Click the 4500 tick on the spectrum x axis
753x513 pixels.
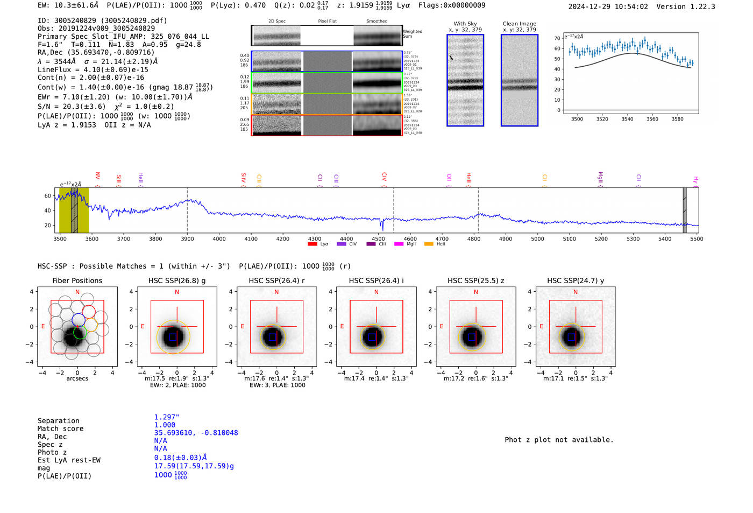click(378, 238)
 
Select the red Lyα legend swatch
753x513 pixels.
click(312, 244)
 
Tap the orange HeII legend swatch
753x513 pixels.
click(429, 244)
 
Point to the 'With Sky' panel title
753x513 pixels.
click(465, 24)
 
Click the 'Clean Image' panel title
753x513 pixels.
click(520, 24)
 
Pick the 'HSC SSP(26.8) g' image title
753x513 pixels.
click(177, 280)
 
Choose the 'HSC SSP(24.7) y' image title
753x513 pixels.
click(576, 280)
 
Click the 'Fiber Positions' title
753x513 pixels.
click(77, 280)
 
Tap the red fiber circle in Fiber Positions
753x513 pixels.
click(89, 312)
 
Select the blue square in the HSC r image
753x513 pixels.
click(273, 337)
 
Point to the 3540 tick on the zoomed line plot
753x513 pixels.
click(627, 119)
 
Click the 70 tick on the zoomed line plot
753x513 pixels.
click(557, 38)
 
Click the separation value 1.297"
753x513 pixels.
click(167, 417)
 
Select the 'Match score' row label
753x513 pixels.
click(60, 428)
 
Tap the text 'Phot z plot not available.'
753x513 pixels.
click(559, 440)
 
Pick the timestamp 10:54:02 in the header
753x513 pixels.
click(630, 6)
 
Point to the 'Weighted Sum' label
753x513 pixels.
click(413, 34)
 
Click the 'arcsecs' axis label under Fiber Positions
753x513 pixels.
click(77, 378)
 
